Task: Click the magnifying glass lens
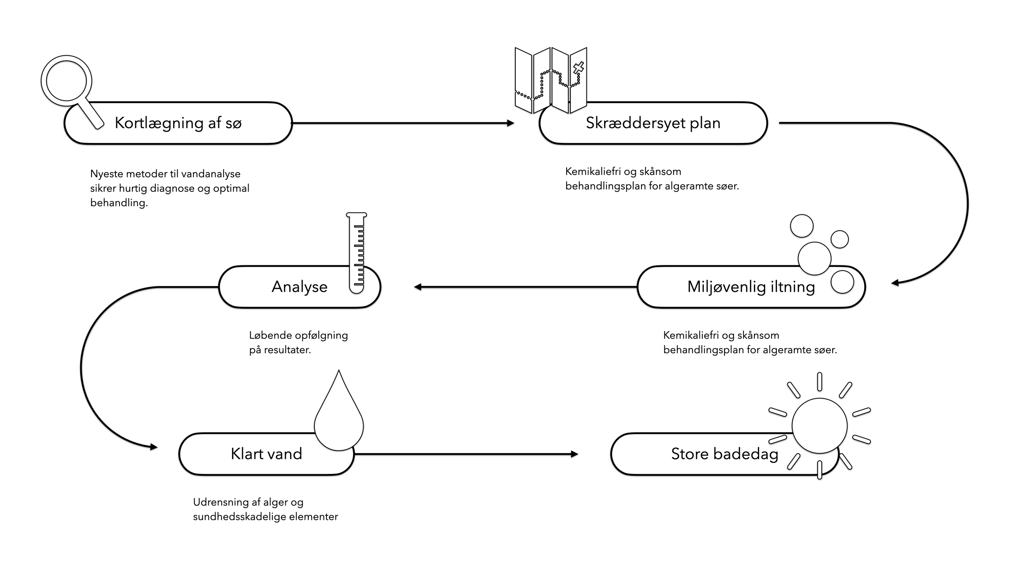(66, 81)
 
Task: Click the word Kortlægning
(159, 123)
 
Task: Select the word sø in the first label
(233, 123)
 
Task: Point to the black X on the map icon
(578, 68)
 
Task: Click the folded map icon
(551, 80)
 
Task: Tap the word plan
(705, 123)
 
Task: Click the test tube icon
(356, 253)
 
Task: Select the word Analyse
(299, 287)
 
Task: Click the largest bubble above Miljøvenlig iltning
(814, 259)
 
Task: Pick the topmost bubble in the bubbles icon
(802, 226)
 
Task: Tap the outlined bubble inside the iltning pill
(842, 282)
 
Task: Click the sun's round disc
(819, 425)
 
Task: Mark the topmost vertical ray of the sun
(820, 381)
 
